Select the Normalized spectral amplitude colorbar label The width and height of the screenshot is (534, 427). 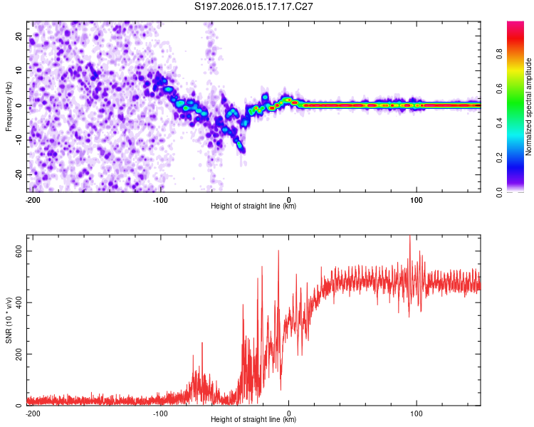point(529,107)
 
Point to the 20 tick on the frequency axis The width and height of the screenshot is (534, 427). point(20,36)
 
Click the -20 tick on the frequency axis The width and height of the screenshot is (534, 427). point(19,174)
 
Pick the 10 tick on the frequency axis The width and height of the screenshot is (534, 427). point(20,70)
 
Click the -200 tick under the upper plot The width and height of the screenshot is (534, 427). point(33,200)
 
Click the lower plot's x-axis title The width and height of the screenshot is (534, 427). point(254,420)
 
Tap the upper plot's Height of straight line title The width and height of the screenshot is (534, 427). point(254,206)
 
